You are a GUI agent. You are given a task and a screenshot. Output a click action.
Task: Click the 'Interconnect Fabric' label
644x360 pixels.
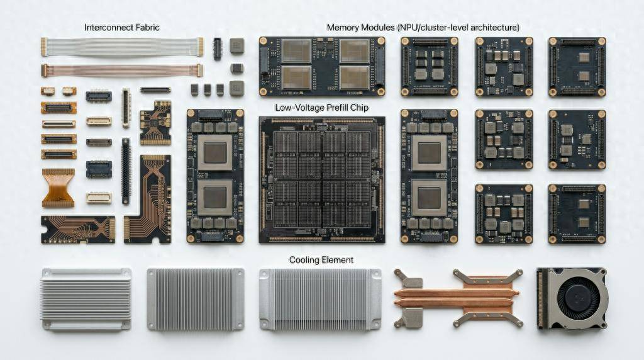tap(121, 28)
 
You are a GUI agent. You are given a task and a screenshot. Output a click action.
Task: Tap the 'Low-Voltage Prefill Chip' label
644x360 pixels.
tap(321, 108)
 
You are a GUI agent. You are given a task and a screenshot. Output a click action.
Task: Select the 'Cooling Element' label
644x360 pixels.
tap(321, 260)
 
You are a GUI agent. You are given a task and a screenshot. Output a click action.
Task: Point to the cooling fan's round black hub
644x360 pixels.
tap(580, 298)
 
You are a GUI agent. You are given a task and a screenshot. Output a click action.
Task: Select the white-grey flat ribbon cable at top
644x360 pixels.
tap(122, 47)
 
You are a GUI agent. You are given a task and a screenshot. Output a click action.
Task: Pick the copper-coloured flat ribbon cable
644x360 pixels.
tap(122, 70)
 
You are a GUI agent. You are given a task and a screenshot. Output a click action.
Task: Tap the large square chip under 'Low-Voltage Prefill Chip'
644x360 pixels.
tap(322, 179)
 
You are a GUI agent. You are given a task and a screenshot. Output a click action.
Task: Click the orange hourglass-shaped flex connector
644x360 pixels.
tap(58, 188)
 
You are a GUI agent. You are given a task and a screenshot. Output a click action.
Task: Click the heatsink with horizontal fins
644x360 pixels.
tap(86, 299)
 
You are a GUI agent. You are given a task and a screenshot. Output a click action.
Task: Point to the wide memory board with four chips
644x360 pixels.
tap(322, 67)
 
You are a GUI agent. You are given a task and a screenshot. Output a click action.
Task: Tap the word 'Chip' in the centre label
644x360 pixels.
tap(360, 108)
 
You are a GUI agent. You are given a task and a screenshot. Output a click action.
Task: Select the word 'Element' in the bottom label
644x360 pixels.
tap(338, 260)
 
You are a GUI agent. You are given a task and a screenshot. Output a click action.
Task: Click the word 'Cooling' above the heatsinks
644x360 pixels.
tap(304, 260)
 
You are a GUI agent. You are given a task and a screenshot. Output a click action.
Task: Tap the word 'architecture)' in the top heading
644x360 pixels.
tap(494, 28)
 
